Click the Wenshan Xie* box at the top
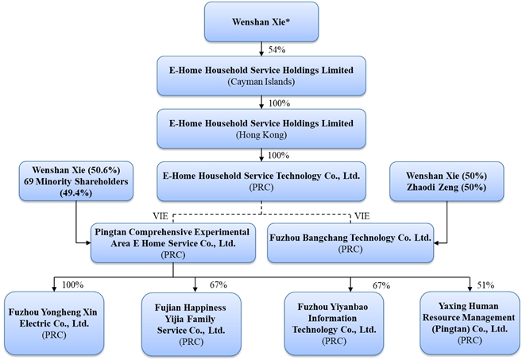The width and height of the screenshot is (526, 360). (261, 21)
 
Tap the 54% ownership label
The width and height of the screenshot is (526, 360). (277, 50)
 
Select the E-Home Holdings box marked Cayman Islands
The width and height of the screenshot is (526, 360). (261, 75)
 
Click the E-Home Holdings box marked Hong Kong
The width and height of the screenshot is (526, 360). (261, 127)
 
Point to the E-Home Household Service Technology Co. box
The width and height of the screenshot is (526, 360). (262, 180)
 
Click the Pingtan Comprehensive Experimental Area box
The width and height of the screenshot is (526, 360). (173, 242)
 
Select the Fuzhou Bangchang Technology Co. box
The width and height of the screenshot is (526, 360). (350, 242)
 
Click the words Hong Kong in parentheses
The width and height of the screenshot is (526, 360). (261, 134)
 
